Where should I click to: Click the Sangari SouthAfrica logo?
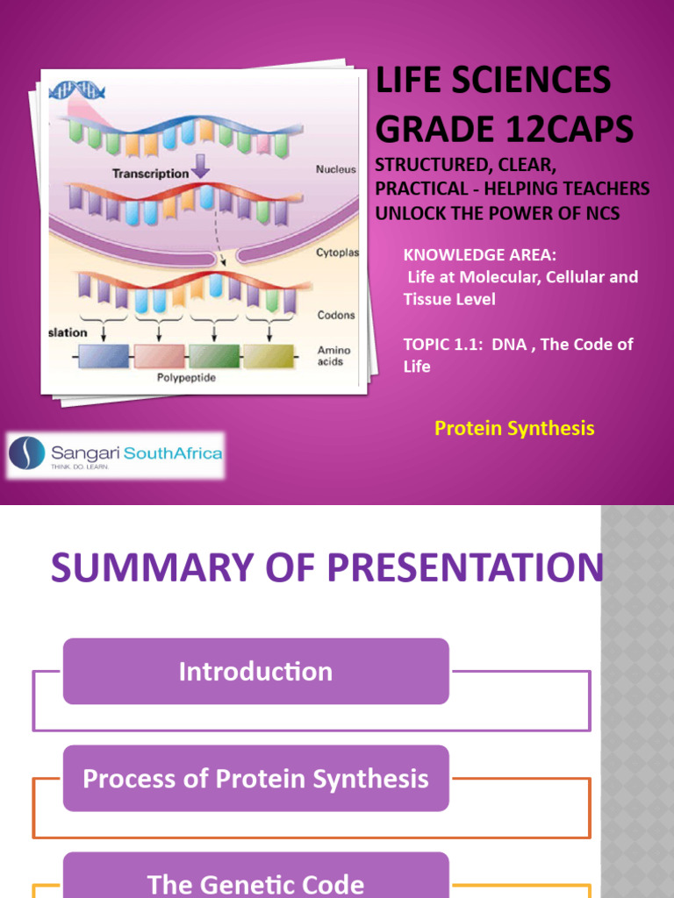coord(115,454)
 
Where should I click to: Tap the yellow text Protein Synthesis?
coord(514,428)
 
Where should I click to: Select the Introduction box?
coord(255,672)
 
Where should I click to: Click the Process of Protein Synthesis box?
coord(255,779)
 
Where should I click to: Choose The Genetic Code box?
coord(255,882)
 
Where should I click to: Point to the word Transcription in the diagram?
coord(150,174)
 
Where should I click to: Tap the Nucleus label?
coord(336,169)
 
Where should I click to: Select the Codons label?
coord(335,314)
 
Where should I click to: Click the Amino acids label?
coord(333,355)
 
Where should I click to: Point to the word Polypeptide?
coord(186,378)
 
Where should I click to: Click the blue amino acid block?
coord(104,356)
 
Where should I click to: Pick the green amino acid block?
coord(213,356)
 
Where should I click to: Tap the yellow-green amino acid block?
coord(268,356)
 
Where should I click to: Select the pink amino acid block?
coord(159,356)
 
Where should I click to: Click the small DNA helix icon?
coord(78,90)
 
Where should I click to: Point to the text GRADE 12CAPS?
coord(504,129)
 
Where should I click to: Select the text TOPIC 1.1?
coord(442,344)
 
